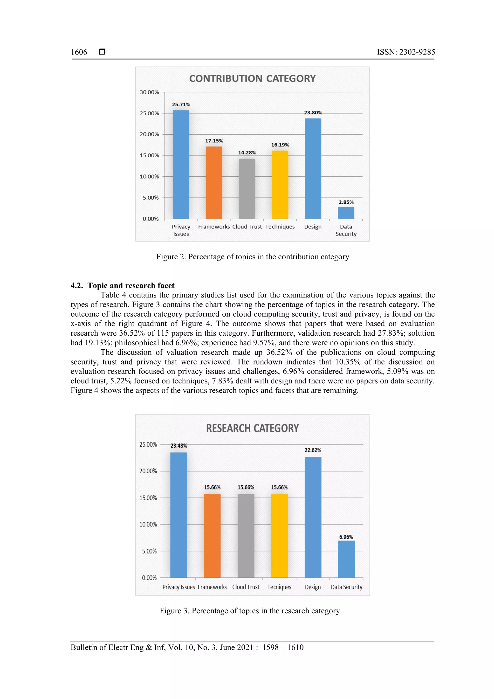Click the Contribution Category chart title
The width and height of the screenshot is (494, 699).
252,79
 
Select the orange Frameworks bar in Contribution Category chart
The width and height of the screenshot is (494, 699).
214,183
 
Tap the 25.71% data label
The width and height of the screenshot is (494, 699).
181,104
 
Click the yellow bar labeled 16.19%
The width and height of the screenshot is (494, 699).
280,185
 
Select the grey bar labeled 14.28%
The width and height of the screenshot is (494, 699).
247,188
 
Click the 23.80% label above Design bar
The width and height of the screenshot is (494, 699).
313,113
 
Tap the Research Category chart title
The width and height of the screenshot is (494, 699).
252,428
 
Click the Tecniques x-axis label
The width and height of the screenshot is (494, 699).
279,587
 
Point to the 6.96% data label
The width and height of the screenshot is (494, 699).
346,537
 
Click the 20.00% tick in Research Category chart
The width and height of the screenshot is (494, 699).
148,471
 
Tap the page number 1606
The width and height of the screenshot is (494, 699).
79,52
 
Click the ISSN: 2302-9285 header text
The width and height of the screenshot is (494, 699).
406,52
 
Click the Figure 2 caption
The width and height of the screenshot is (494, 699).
252,257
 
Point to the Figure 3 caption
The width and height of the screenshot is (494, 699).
250,611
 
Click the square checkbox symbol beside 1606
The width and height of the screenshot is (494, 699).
102,52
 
